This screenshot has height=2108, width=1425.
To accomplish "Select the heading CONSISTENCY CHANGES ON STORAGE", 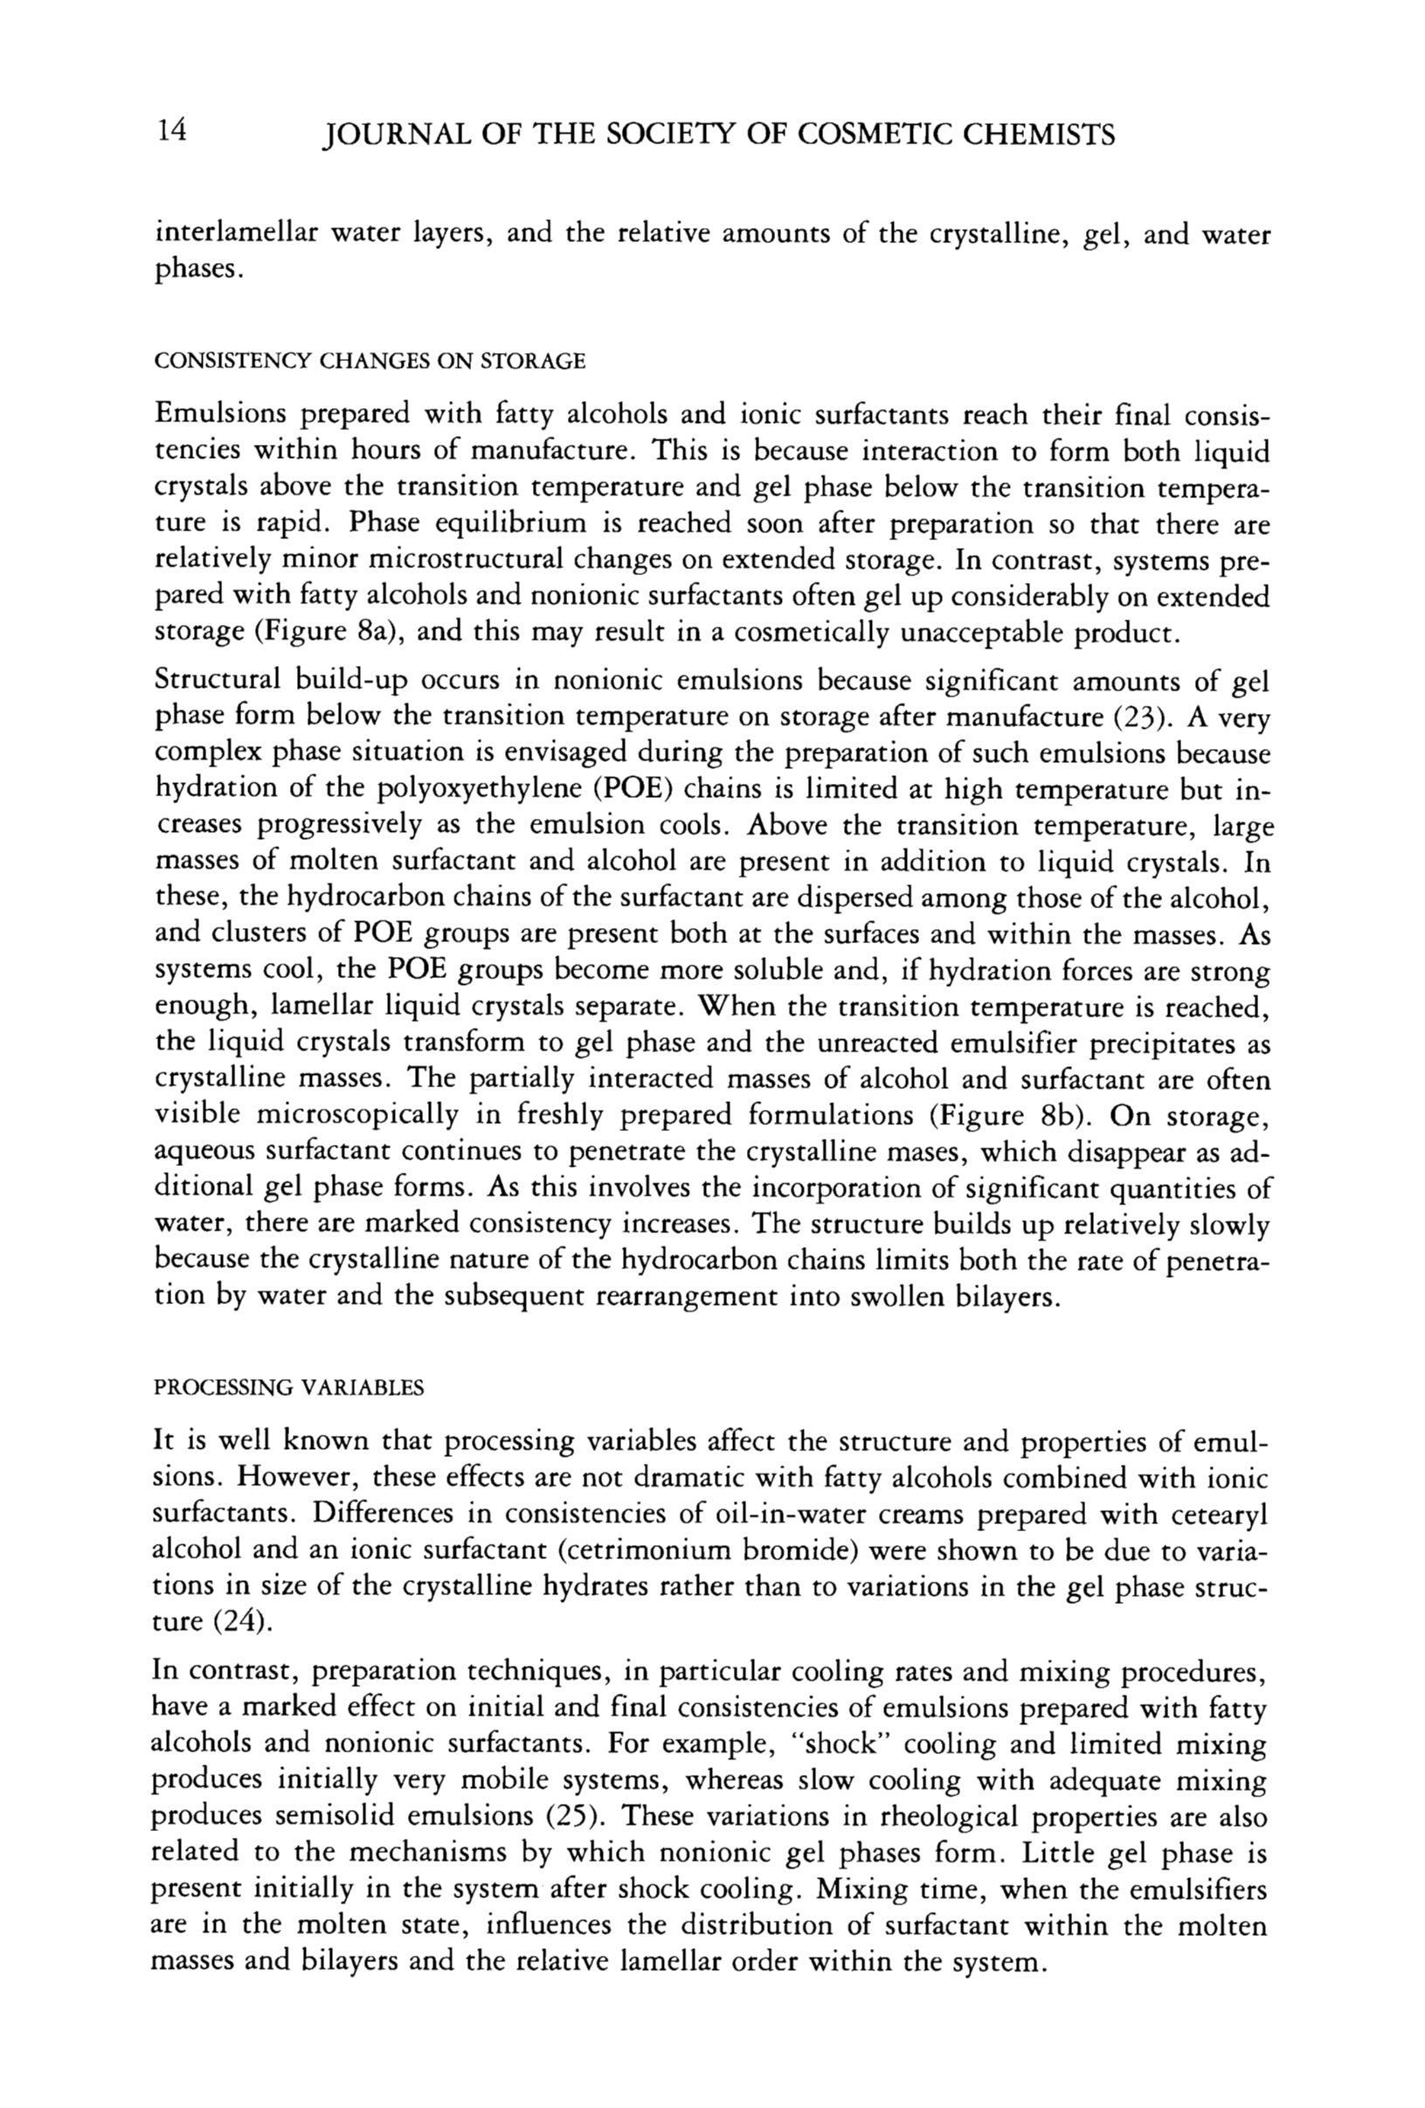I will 370,361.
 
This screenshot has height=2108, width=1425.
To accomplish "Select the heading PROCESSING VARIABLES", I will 289,1389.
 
